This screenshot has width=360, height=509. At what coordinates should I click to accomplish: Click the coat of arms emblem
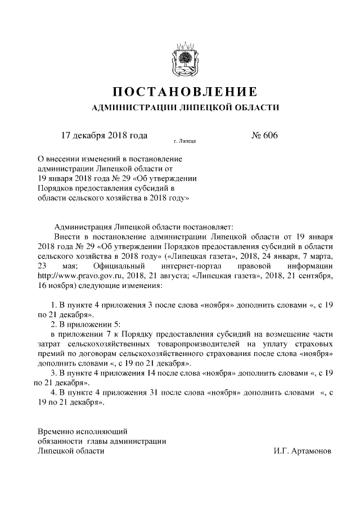(x=184, y=58)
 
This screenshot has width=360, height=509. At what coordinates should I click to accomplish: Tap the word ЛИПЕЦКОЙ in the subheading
(x=211, y=107)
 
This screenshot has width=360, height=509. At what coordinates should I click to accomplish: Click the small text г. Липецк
(x=185, y=142)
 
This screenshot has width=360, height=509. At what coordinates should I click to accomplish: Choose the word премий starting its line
(x=50, y=354)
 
